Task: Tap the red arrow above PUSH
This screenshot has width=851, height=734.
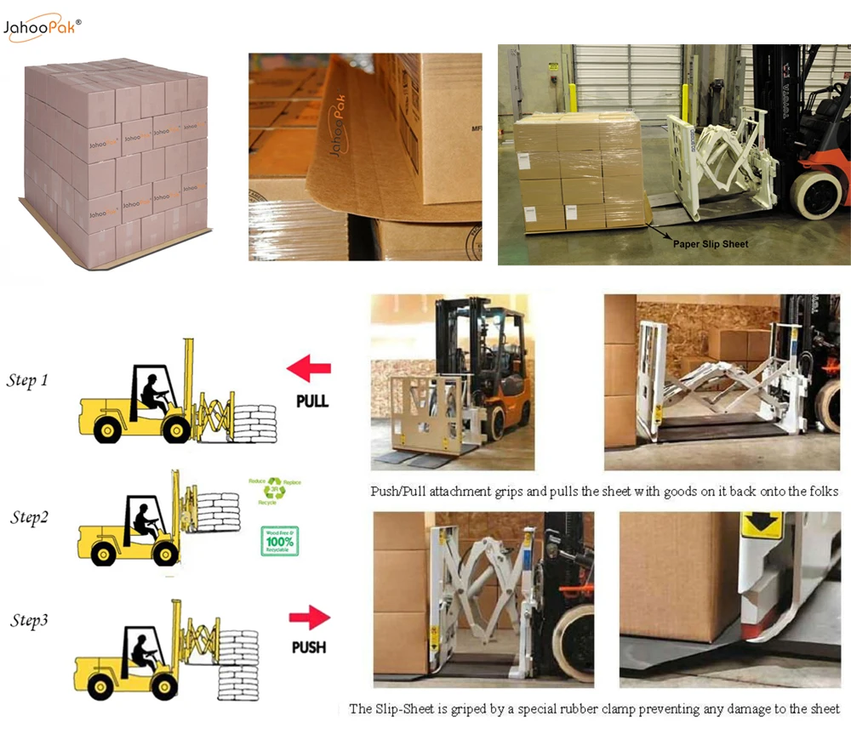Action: point(309,617)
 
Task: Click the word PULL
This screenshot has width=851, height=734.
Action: point(311,401)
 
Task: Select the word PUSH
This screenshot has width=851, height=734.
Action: point(309,647)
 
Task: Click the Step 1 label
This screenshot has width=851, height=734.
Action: point(27,380)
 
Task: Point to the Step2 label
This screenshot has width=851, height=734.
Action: point(30,517)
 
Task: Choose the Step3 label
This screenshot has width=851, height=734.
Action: point(29,621)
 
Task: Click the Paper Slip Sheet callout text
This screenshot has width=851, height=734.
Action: point(711,243)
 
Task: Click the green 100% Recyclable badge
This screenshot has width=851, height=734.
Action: point(279,541)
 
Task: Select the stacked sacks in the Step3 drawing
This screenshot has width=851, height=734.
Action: point(238,663)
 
